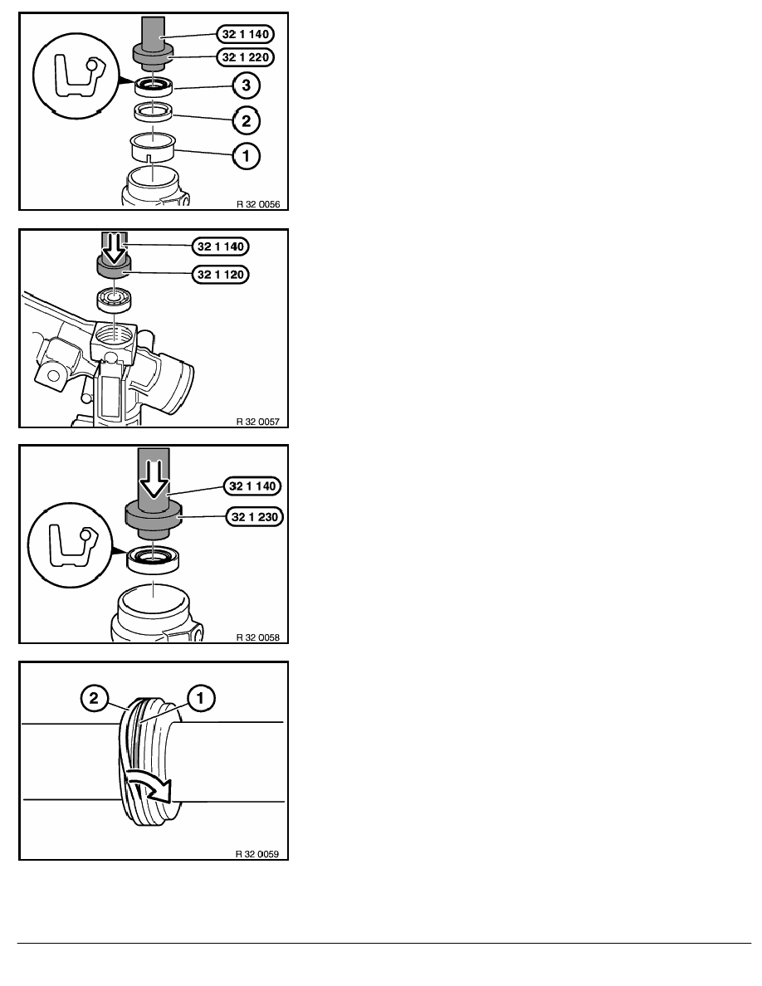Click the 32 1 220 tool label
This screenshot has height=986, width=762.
tap(245, 57)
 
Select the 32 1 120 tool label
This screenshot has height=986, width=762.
tap(220, 274)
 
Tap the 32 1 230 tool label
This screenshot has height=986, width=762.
tap(255, 517)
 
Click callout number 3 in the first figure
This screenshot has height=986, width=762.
tap(246, 85)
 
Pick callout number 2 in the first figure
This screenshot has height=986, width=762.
tap(246, 120)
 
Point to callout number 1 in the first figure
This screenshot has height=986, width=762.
tap(246, 155)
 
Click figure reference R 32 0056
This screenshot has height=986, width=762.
tap(258, 204)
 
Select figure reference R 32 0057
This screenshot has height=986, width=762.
tap(258, 422)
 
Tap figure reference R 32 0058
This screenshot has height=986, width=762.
tap(258, 637)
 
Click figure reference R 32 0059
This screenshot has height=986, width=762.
tap(257, 854)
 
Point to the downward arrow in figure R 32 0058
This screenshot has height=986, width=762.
tap(154, 479)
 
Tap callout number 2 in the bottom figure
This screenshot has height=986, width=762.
tap(94, 698)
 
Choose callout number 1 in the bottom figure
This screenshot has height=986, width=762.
tap(201, 698)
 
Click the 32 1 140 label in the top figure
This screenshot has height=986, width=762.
tap(245, 34)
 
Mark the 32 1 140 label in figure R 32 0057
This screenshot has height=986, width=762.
tap(220, 247)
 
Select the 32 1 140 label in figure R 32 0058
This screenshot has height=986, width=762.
tap(252, 486)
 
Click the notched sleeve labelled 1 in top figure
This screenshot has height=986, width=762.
tap(153, 149)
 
